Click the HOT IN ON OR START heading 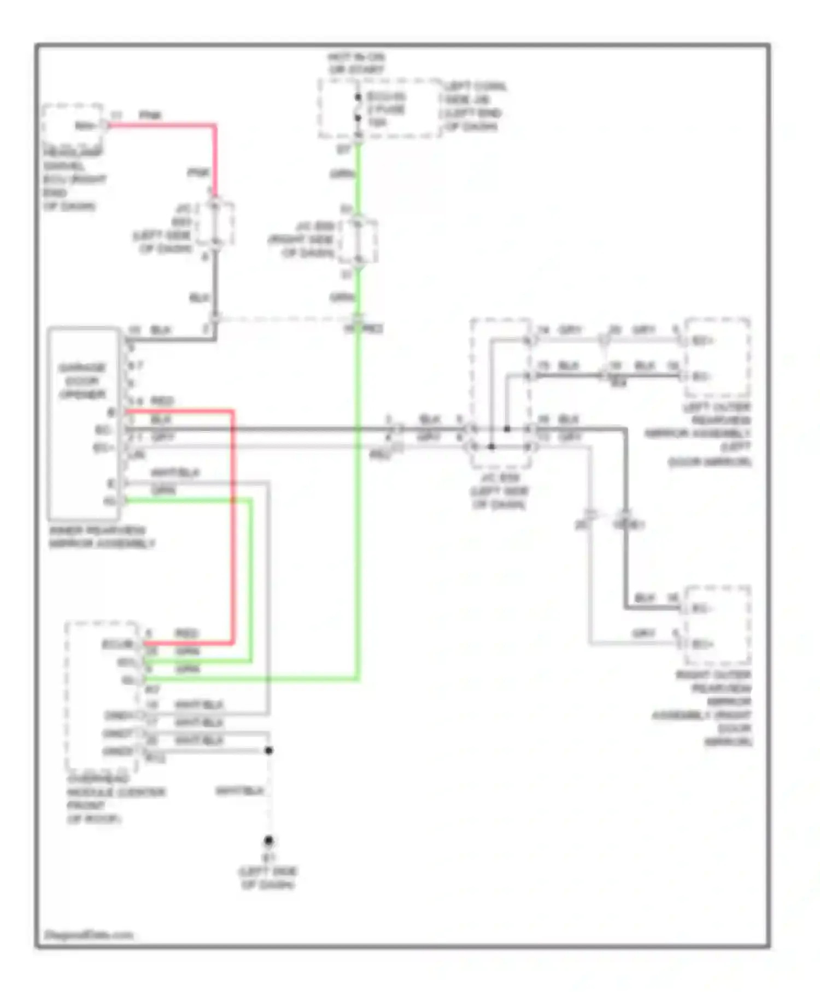pos(356,63)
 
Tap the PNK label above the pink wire pos(150,115)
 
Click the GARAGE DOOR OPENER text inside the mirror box pos(82,381)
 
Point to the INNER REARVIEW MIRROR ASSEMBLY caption pos(102,537)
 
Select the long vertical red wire pos(232,525)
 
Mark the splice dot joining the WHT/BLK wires pos(268,750)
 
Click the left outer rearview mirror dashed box pos(717,358)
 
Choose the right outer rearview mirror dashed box pos(717,625)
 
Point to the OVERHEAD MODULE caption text pos(115,798)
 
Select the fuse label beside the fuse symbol pos(386,109)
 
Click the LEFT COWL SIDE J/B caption pos(474,107)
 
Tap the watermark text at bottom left pos(88,935)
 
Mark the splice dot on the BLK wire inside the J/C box pos(507,429)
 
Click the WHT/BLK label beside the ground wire pos(239,791)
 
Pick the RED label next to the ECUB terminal pos(186,633)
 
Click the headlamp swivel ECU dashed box pos(72,125)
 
